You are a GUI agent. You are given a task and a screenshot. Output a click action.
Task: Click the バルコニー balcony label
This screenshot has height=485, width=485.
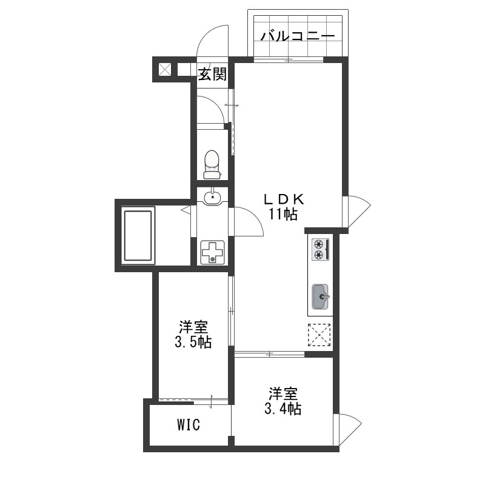pos(298,36)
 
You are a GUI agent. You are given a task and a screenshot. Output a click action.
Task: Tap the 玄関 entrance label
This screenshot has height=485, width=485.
pos(213,74)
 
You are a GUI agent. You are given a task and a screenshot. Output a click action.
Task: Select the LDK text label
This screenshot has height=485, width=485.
pos(284,199)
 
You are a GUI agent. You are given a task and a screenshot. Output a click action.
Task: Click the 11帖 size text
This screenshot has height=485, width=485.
pos(283,214)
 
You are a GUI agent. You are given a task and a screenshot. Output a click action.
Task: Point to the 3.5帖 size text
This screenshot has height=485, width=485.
pos(193,342)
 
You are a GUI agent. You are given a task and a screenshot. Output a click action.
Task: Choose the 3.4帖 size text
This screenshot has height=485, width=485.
pos(283,409)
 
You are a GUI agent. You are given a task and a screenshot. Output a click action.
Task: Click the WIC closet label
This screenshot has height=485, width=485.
pos(189,425)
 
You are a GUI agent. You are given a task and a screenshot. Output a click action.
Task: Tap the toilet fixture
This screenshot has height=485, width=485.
pos(212,164)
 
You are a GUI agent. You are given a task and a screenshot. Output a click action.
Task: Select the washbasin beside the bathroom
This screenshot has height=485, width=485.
pos(212,196)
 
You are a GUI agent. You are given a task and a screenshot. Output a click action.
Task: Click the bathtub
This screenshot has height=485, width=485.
pos(138,236)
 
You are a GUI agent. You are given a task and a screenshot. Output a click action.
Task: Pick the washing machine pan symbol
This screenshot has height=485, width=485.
pos(213,252)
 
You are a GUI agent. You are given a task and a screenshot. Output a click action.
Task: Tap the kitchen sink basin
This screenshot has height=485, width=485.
pos(320,296)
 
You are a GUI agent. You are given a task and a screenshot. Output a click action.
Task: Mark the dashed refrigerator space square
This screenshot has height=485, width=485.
pos(319,335)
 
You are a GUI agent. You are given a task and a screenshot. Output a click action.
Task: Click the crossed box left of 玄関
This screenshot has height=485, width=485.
pos(164,70)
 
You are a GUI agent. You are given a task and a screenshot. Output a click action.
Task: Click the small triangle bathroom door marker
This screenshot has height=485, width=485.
pos(186,210)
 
